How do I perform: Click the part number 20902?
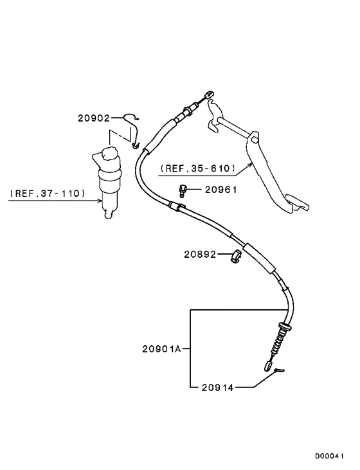(x=94, y=118)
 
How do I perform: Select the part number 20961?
(x=221, y=190)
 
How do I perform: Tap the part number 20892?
(x=200, y=254)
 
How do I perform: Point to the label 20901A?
(x=161, y=349)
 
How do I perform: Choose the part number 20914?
(x=217, y=388)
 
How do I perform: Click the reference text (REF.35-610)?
(x=197, y=168)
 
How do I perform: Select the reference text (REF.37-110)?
(x=47, y=193)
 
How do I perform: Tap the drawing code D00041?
(x=329, y=456)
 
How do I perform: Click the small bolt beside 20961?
(x=182, y=191)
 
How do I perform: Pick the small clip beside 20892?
(x=236, y=256)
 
